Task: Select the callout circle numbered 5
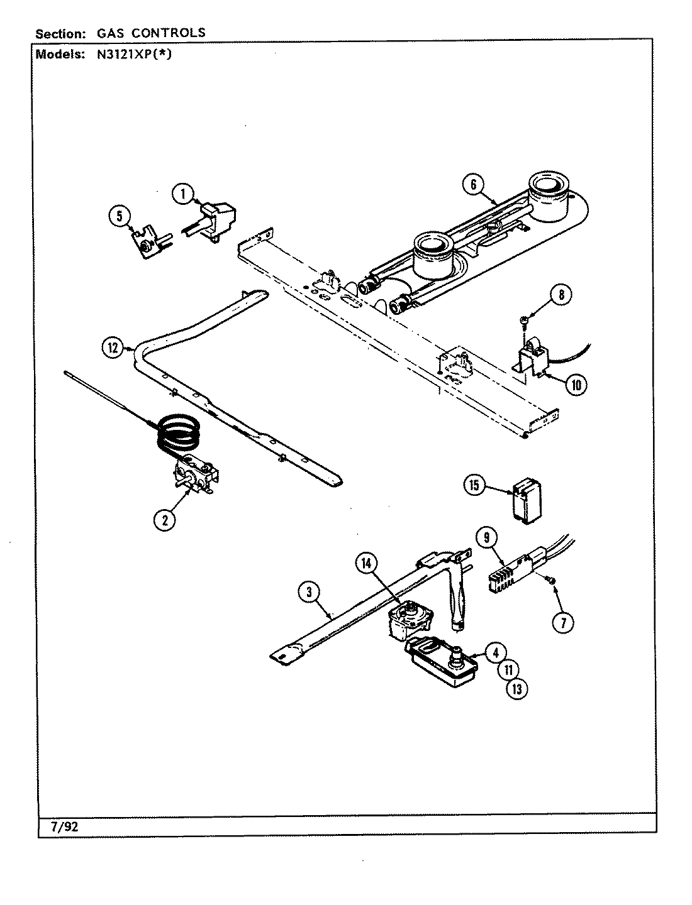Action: (118, 217)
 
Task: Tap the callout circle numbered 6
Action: (474, 185)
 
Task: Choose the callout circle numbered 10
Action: (575, 384)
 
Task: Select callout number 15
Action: (476, 485)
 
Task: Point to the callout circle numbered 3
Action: (306, 591)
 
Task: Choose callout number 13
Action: (516, 688)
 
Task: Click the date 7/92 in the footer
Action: (63, 826)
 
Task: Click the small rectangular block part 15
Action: (525, 501)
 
